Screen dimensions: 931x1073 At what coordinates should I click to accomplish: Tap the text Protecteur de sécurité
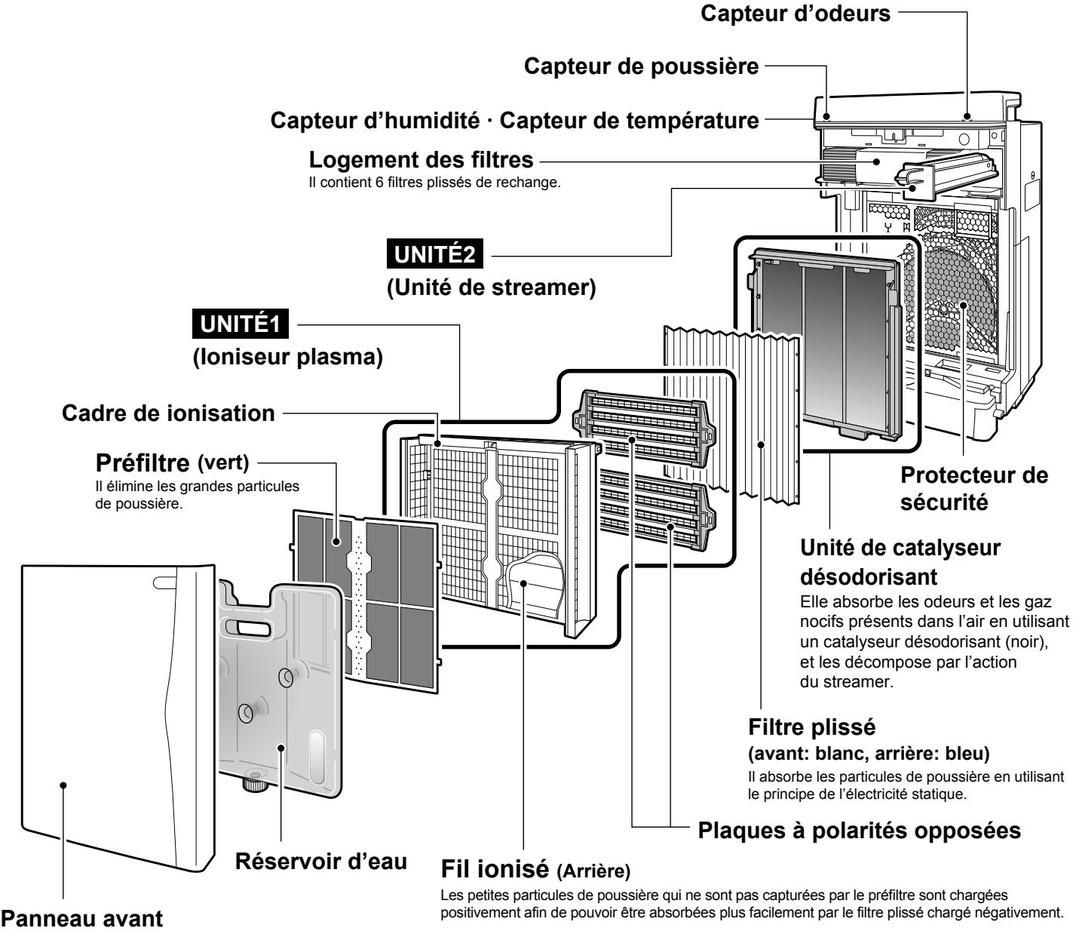[974, 487]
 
